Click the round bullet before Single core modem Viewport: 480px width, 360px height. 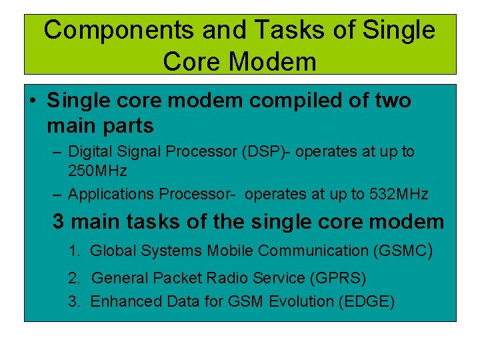point(33,101)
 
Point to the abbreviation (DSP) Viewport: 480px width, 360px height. point(265,151)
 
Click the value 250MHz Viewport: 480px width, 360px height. point(97,171)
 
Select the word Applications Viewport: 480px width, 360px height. point(111,195)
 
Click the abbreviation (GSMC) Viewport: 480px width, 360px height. point(403,251)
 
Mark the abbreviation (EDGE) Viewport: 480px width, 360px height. point(366,301)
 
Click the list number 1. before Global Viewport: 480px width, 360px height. point(75,251)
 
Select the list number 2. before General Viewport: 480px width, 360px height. point(75,277)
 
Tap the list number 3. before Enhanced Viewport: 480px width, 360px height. point(75,301)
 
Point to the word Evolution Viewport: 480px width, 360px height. point(301,301)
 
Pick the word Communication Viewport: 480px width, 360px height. point(313,251)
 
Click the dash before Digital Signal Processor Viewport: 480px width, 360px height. point(57,151)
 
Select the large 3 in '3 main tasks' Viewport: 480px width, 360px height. point(59,221)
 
